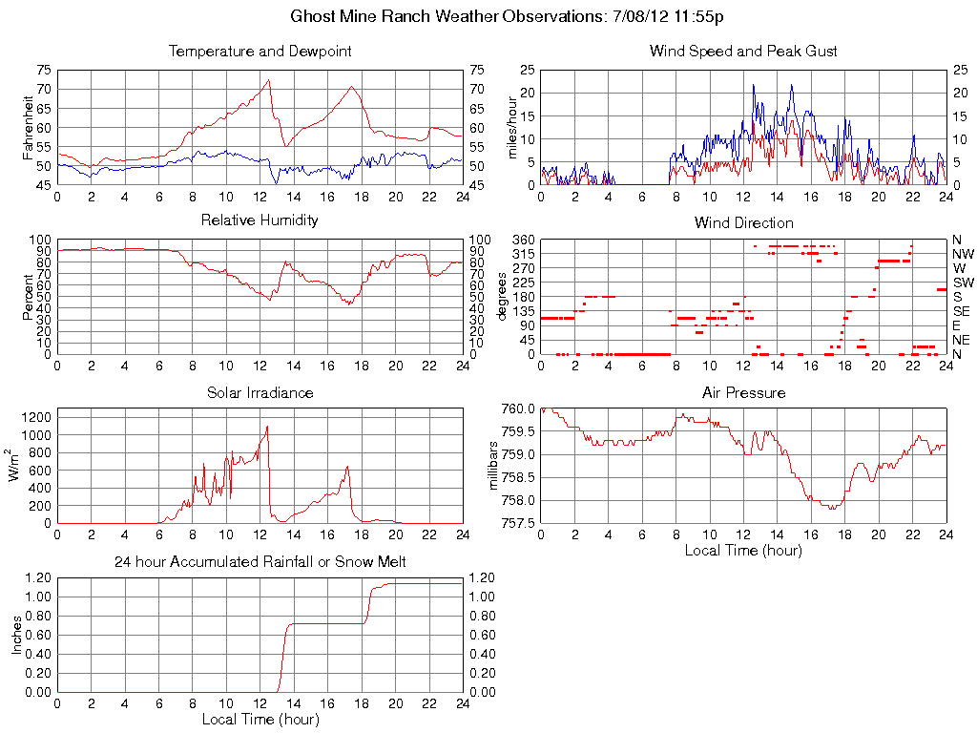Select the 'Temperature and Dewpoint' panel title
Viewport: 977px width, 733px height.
(260, 51)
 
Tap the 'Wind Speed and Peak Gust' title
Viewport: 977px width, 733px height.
(743, 51)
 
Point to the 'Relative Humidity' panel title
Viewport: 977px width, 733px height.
(260, 220)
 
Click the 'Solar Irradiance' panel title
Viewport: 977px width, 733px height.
(260, 392)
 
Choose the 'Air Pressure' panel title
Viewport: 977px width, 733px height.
(743, 392)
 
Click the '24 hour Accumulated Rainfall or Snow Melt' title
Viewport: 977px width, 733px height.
(260, 562)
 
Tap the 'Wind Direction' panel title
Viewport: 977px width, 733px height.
(743, 222)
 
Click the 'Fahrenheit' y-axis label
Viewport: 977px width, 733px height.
(28, 127)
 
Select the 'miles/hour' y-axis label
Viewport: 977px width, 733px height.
(511, 128)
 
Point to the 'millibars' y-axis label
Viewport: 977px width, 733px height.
(493, 466)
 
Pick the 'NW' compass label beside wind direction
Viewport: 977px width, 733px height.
(963, 254)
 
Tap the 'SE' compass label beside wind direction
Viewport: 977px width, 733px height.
(961, 311)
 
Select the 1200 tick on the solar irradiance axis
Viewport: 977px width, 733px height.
(36, 417)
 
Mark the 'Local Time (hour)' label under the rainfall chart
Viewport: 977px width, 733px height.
(260, 719)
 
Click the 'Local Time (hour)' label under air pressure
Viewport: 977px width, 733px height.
(743, 550)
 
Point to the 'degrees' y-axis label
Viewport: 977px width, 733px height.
(503, 297)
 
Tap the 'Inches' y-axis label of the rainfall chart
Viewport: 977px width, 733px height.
(16, 635)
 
